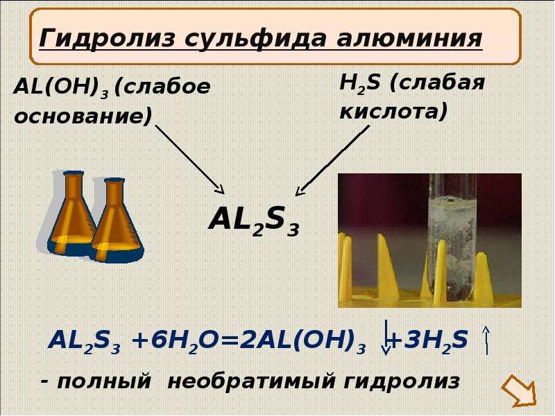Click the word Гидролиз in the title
coord(107,38)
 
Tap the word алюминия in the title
coord(409,39)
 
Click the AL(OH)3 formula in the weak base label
coord(60,87)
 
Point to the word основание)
coord(83,116)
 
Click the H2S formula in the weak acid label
coord(359,84)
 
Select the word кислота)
coord(393,112)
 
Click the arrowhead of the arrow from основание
coord(221,189)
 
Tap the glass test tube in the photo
coord(447,237)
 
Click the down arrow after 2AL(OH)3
coord(386,338)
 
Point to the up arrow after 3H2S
coord(486,340)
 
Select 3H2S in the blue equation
coord(436,341)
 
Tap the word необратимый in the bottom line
coord(252,382)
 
